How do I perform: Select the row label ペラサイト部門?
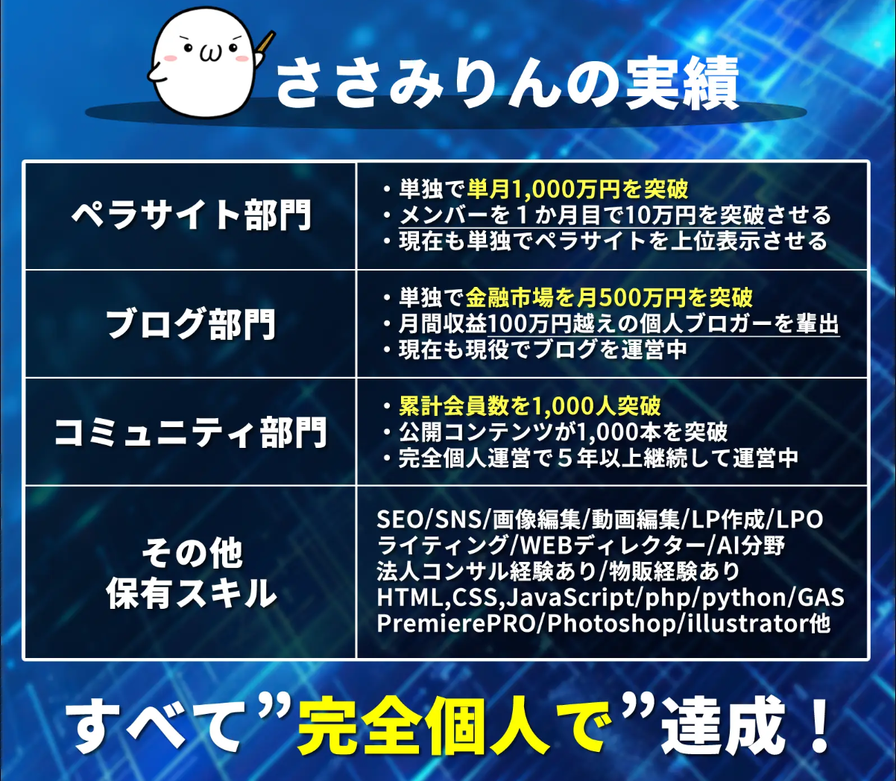pos(192,215)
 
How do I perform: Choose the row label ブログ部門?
pos(192,323)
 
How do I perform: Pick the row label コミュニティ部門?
pos(192,431)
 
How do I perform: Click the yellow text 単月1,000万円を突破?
pos(578,189)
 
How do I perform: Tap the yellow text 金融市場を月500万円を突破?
pos(609,297)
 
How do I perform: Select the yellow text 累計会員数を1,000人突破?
pos(529,406)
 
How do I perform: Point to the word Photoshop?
pos(611,624)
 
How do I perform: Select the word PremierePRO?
pos(456,623)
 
